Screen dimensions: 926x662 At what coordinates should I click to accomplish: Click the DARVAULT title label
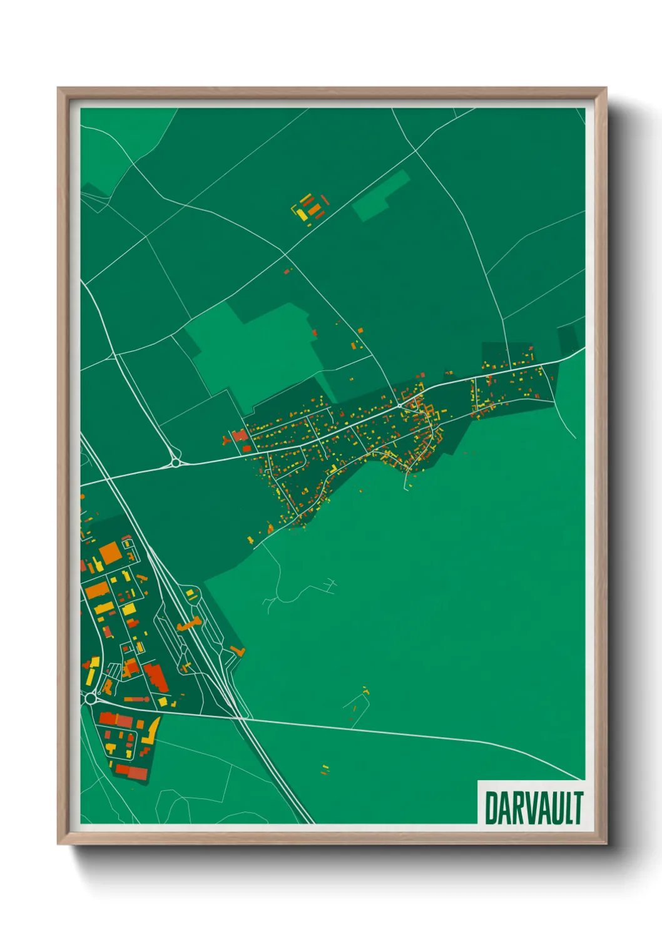click(x=533, y=807)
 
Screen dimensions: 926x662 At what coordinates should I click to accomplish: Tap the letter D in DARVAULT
click(x=491, y=808)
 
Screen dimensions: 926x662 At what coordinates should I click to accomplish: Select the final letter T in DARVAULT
click(x=577, y=808)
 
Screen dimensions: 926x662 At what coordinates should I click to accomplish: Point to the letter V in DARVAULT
click(x=527, y=808)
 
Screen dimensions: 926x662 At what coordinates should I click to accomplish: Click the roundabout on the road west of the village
click(x=175, y=463)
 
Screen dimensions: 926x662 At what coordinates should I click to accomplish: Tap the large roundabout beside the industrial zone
click(x=91, y=698)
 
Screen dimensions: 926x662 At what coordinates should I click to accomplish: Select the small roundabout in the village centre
click(x=399, y=405)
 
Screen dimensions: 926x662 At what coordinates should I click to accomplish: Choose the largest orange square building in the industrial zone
click(x=109, y=552)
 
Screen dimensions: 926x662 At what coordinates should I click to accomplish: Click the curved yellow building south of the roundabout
click(x=152, y=730)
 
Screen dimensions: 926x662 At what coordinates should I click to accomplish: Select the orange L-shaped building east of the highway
click(x=238, y=651)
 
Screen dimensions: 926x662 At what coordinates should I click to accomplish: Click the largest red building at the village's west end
click(x=240, y=435)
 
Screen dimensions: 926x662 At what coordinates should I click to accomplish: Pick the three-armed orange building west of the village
click(x=226, y=440)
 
